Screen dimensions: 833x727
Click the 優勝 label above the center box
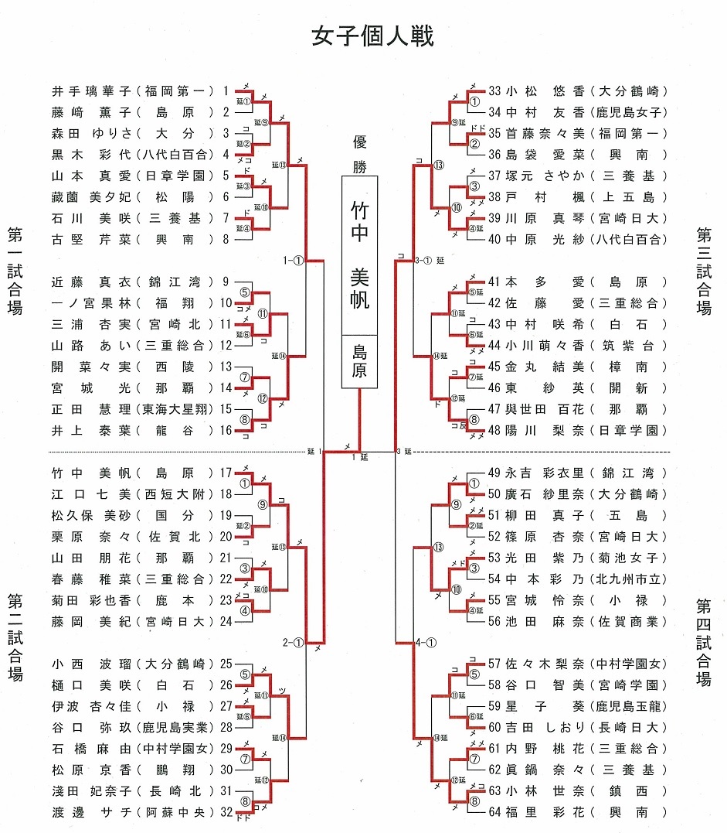[x=360, y=153]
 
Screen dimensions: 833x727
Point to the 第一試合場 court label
[x=15, y=271]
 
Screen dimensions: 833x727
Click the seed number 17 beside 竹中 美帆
[x=226, y=473]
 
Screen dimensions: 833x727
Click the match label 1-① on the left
[x=294, y=261]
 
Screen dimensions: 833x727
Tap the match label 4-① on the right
[x=426, y=642]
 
